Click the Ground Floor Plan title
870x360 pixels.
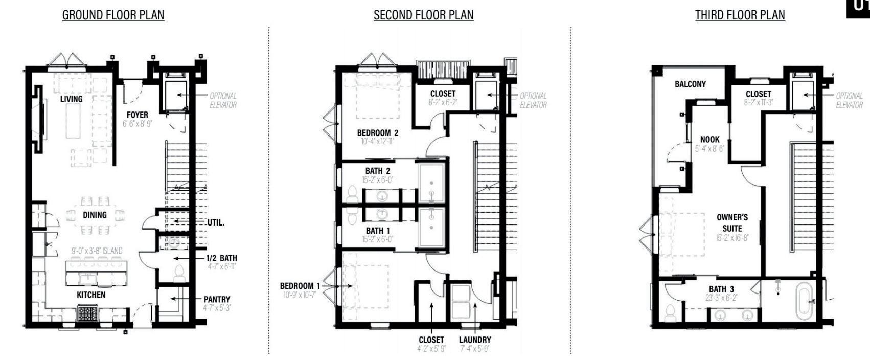coord(113,15)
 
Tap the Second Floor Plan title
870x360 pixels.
coord(423,15)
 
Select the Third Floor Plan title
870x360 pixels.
coord(740,15)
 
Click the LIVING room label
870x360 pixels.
coord(71,99)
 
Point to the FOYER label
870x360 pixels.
coord(138,115)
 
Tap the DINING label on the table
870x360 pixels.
coord(95,215)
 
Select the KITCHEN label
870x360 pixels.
coord(91,295)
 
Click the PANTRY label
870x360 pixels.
coord(217,299)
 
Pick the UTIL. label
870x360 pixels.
coord(216,223)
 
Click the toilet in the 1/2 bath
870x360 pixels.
coord(179,274)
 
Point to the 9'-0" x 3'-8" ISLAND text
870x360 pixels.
coord(97,251)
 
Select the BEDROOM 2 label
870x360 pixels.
coord(377,133)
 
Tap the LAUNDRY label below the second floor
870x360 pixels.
coord(474,340)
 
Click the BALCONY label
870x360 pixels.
coord(690,84)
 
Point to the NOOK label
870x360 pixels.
coord(709,139)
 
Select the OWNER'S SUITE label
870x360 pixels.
coord(732,222)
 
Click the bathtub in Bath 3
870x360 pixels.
coord(804,302)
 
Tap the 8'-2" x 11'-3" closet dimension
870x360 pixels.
coord(758,102)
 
